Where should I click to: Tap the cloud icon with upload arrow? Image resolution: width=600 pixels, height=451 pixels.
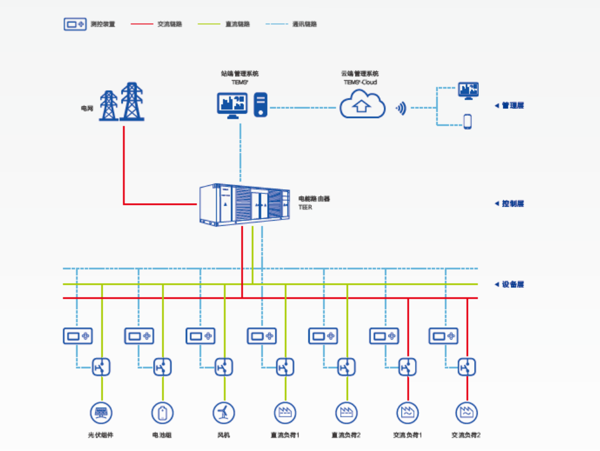pos(362,105)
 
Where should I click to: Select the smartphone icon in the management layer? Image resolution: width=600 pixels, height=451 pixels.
pos(467,122)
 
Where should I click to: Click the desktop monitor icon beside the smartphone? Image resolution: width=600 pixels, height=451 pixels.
pos(468,90)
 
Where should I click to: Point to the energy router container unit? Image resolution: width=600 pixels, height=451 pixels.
pos(244,204)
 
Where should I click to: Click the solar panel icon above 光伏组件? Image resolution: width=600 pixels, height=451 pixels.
pos(101,413)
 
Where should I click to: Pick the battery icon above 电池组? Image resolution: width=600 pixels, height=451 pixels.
pos(162,413)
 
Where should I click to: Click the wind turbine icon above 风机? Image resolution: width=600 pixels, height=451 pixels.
pos(224,413)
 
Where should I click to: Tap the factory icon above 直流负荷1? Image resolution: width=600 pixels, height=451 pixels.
pos(285,413)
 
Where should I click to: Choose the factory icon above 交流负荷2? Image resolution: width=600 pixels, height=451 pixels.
pos(467,413)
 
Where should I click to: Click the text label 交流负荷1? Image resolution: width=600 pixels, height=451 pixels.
pos(408,435)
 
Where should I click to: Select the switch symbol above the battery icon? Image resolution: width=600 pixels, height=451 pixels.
pos(162,367)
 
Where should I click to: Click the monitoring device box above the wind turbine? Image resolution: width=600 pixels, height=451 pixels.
pos(201,336)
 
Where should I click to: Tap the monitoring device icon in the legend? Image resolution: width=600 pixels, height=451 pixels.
pos(75,24)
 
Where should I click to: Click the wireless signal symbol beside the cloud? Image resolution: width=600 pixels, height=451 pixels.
pos(401,107)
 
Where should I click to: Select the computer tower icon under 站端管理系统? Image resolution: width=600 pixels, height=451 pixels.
pos(261,105)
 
